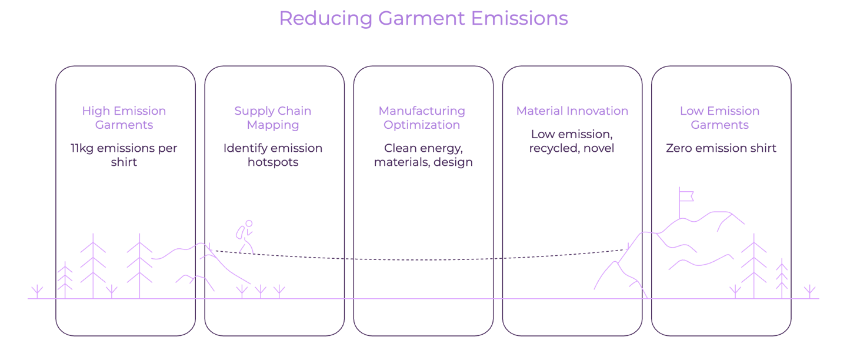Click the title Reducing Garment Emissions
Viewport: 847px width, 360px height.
tap(423, 19)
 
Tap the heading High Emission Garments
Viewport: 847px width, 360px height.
tap(124, 118)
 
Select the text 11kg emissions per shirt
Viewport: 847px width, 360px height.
tap(124, 155)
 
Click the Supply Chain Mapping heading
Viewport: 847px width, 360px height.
tap(273, 118)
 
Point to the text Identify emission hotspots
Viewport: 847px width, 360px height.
tap(273, 155)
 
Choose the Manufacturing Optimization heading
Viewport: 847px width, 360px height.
tap(422, 118)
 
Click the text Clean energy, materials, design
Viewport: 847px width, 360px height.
tap(423, 155)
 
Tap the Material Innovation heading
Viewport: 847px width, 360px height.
tap(572, 111)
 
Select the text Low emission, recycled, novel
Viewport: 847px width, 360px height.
tap(572, 141)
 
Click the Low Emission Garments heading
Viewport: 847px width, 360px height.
tap(720, 118)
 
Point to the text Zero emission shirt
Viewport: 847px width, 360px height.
tap(721, 148)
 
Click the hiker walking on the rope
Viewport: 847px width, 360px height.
tap(245, 238)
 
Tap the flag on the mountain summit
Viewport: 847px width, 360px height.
tap(686, 194)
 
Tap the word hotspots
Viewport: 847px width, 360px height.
tap(273, 162)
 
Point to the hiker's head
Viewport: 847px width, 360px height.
tap(249, 224)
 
